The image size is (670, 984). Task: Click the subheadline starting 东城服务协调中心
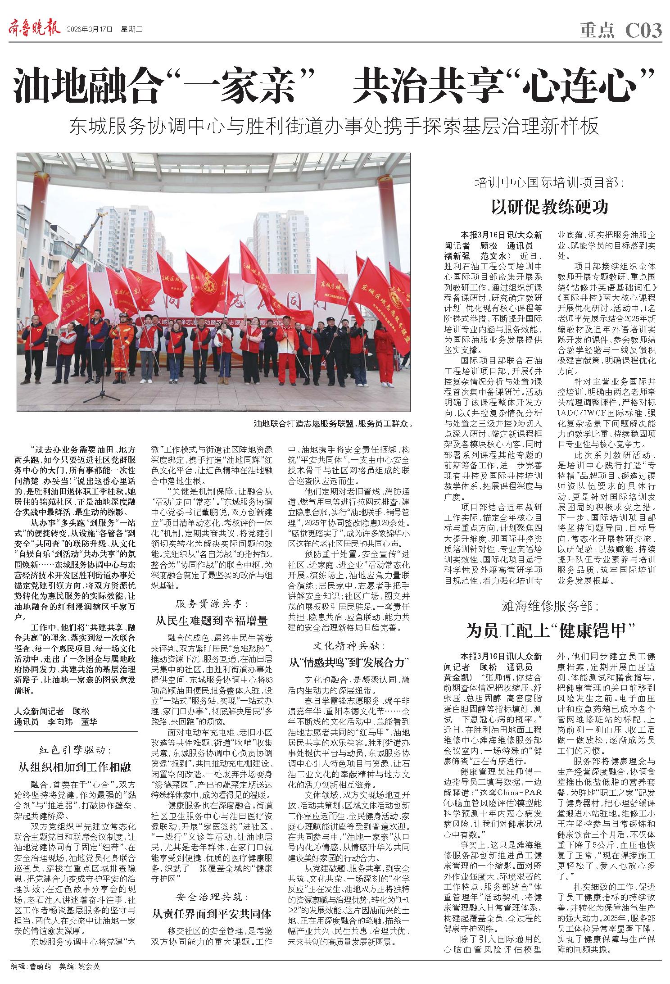334,127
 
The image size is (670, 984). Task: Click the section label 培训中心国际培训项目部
549,183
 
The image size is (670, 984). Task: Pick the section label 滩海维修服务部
549,606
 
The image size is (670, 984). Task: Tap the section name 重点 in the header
597,31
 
